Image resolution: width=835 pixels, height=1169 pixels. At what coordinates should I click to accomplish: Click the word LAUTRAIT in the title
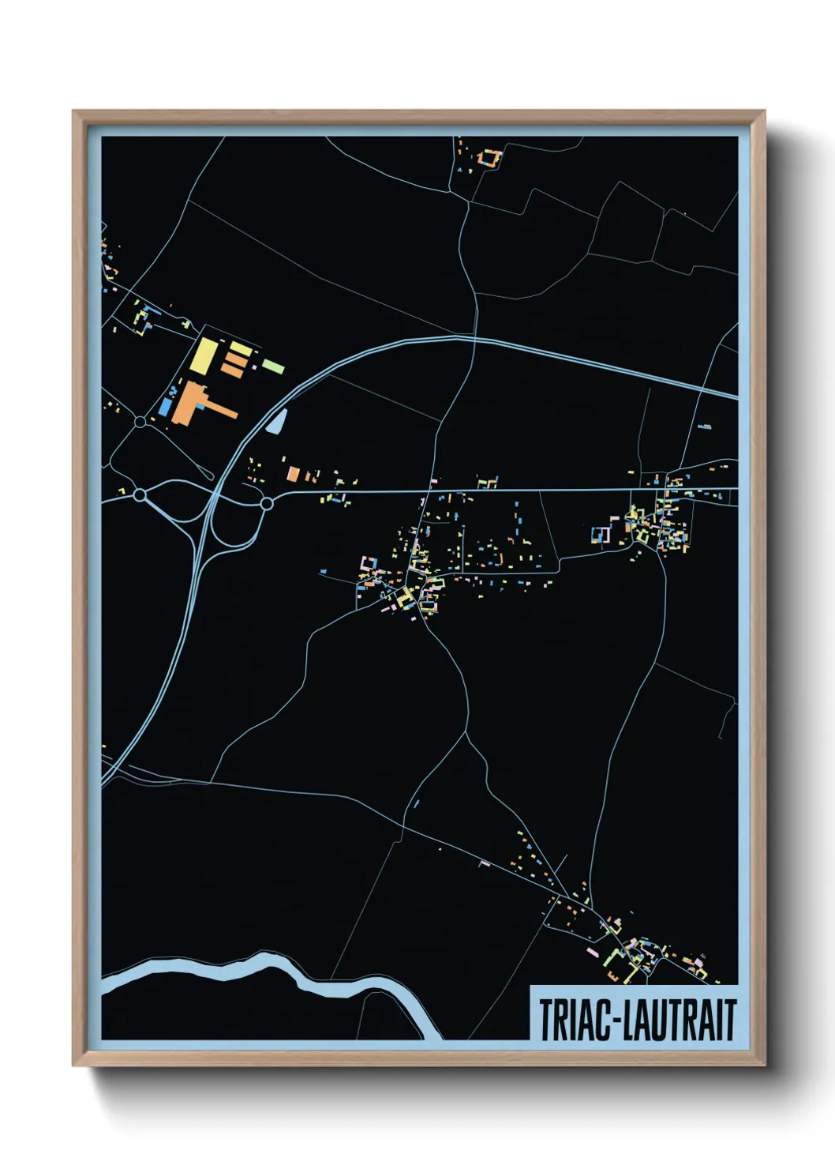tap(680, 1020)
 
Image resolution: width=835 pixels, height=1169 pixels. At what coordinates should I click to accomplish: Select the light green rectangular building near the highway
tap(274, 366)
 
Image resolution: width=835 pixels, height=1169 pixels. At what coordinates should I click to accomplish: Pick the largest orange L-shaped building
tap(193, 403)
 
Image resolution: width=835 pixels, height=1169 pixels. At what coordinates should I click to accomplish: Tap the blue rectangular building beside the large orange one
tap(165, 407)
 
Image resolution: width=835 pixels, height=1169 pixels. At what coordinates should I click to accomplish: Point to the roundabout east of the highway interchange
tap(267, 503)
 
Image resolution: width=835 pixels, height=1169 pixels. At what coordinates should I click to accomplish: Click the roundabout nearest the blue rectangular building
tap(140, 422)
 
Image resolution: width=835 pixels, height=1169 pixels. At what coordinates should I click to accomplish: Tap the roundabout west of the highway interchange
tap(140, 495)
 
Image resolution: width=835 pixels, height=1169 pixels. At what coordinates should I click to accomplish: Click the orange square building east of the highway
tap(293, 474)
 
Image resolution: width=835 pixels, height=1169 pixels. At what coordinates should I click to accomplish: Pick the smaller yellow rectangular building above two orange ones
tap(238, 347)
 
